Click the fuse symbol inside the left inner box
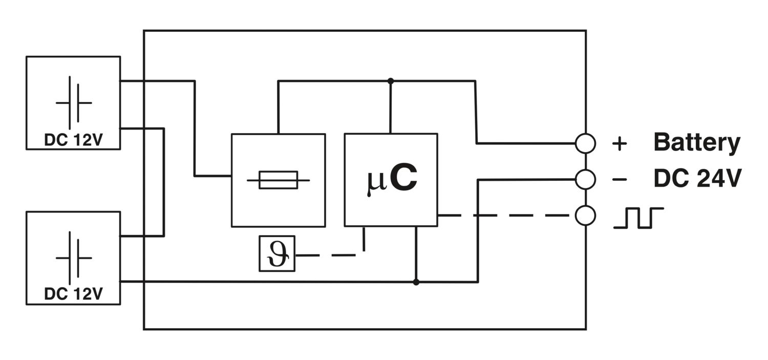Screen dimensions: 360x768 pos(278,180)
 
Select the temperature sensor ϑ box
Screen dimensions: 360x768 pos(277,253)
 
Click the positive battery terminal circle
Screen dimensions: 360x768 pos(585,143)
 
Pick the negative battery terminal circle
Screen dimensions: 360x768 pos(585,179)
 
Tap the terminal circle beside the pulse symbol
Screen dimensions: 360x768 pos(585,216)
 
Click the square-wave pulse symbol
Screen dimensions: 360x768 pos(638,218)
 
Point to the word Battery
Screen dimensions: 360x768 pos(696,143)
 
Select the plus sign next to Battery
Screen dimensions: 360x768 pos(620,144)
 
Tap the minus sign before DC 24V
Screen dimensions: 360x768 pos(620,179)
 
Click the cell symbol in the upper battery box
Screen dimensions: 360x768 pos(74,102)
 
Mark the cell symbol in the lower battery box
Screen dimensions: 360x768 pos(74,258)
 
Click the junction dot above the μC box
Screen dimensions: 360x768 pos(391,81)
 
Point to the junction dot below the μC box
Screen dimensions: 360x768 pos(416,282)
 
